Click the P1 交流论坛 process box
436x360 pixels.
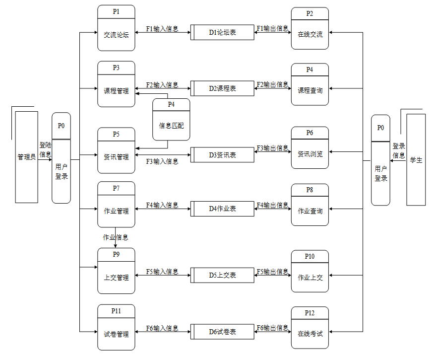pos(116,28)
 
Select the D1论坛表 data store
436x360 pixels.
pos(222,32)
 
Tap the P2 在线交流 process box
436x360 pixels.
pos(310,29)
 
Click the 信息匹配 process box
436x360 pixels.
pos(171,120)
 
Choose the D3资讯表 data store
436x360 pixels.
pos(222,155)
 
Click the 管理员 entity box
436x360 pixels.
pos(26,157)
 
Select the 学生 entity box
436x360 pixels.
pos(416,159)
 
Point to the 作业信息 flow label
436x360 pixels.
pos(115,237)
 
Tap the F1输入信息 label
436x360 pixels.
pos(162,29)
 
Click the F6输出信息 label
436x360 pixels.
pos(272,328)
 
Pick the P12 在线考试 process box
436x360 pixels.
pos(310,328)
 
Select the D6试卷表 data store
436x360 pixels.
pos(222,332)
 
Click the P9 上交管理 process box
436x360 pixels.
pos(116,271)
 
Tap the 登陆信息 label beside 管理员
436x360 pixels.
pos(45,150)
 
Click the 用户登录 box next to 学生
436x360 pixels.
pos(380,160)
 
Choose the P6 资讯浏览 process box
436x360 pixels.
pos(310,148)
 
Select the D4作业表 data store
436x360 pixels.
pos(222,209)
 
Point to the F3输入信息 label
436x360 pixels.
pos(162,161)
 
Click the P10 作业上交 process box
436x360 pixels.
pos(310,271)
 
